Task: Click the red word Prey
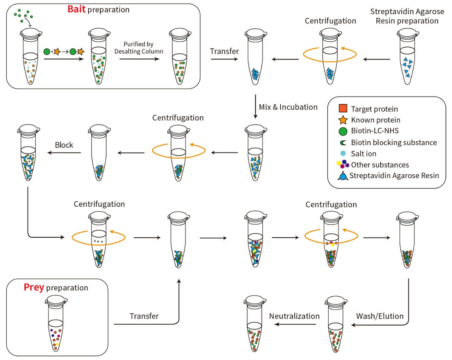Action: pyautogui.click(x=34, y=287)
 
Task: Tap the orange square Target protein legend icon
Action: pyautogui.click(x=343, y=109)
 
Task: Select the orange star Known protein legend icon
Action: pyautogui.click(x=343, y=120)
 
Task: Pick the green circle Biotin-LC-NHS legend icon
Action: pyautogui.click(x=343, y=131)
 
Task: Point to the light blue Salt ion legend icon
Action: pyautogui.click(x=343, y=153)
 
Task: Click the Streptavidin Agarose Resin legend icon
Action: pyautogui.click(x=343, y=176)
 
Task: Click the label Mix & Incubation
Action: pyautogui.click(x=288, y=107)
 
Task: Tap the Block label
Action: pyautogui.click(x=64, y=145)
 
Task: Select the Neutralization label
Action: pyautogui.click(x=294, y=316)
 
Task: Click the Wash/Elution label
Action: pyautogui.click(x=380, y=316)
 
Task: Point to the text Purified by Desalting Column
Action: pyautogui.click(x=139, y=48)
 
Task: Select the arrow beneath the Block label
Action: pyautogui.click(x=64, y=153)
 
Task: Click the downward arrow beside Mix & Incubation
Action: pyautogui.click(x=255, y=106)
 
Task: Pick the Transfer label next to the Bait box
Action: pyautogui.click(x=224, y=51)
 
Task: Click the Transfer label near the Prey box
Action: pyautogui.click(x=144, y=316)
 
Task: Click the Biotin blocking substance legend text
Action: pyautogui.click(x=394, y=143)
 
